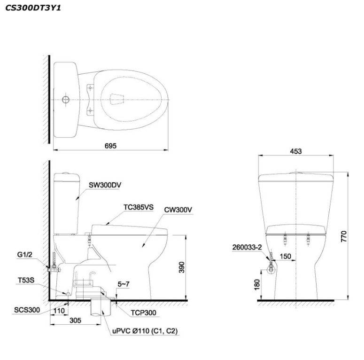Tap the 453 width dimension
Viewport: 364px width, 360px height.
click(296, 151)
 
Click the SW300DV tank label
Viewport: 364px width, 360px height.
click(105, 185)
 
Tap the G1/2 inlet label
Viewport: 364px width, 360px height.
click(22, 255)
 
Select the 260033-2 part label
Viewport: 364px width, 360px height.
click(247, 245)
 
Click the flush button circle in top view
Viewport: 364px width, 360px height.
click(66, 100)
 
